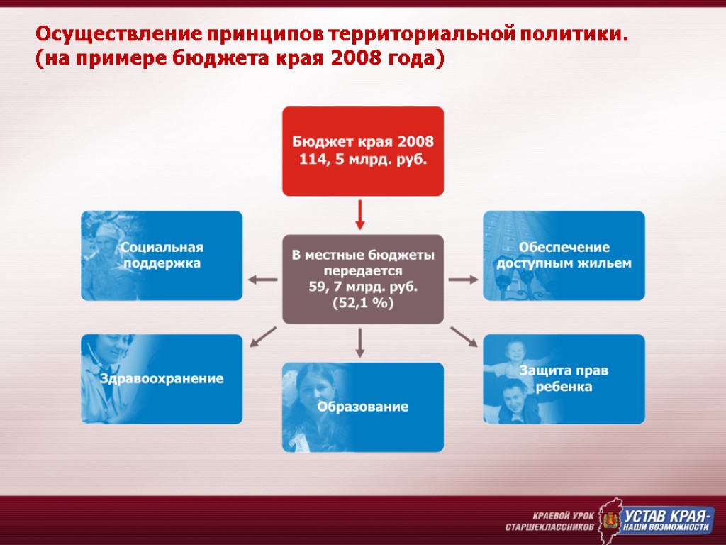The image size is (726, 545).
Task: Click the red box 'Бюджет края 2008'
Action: [362, 150]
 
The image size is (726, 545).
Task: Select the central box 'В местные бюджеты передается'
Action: [362, 278]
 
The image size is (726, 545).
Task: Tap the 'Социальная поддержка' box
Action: [162, 255]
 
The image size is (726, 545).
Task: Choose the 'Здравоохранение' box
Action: [162, 379]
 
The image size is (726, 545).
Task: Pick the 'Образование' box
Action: [362, 407]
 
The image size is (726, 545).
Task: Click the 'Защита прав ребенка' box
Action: [564, 379]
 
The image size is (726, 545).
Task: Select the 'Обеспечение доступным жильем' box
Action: [564, 255]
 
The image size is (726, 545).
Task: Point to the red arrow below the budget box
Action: [360, 214]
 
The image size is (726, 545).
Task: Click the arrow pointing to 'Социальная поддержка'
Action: [262, 279]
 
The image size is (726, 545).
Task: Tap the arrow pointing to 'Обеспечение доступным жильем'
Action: [463, 279]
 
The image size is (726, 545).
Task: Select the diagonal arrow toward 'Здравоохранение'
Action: [263, 336]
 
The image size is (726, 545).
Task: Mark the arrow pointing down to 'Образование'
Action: [360, 342]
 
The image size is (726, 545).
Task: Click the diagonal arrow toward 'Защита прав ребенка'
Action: [464, 336]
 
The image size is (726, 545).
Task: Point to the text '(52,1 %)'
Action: [362, 303]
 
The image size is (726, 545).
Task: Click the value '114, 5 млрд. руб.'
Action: [362, 159]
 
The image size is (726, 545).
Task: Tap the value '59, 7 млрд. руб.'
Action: [362, 287]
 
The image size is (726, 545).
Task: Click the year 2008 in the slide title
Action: [349, 58]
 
